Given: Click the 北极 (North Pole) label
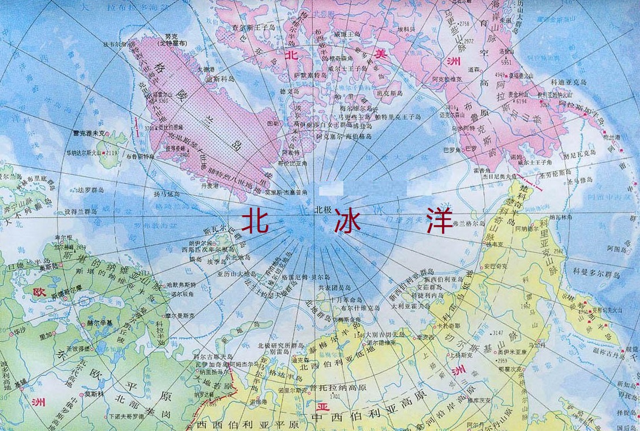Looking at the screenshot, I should click(324, 210).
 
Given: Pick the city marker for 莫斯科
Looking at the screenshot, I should click(81, 393).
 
